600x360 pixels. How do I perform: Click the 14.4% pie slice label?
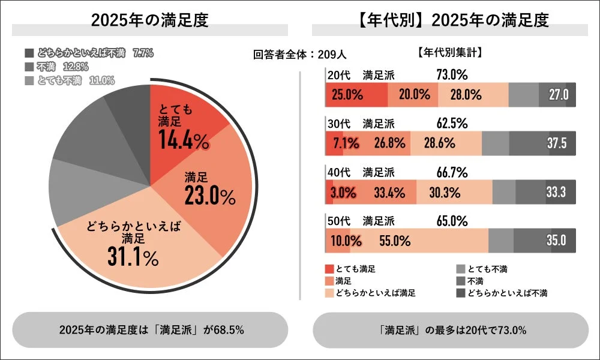coord(183,139)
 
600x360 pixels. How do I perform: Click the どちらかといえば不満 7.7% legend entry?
coord(89,53)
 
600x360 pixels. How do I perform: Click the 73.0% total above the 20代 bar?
coord(452,74)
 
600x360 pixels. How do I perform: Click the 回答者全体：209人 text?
coord(299,55)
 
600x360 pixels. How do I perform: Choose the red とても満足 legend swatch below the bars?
coord(329,269)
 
